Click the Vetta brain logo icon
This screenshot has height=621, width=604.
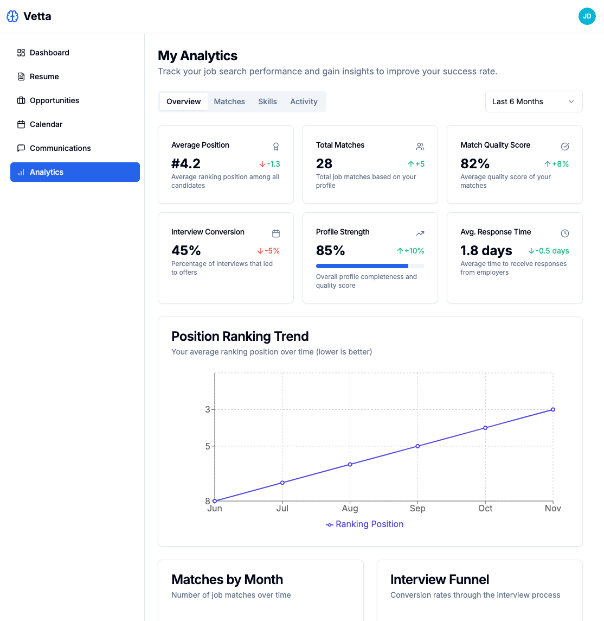[x=12, y=16]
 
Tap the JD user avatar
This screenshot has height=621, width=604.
[x=587, y=16]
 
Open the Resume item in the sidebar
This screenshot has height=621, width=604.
[x=44, y=77]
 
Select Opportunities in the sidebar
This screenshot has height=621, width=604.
[x=54, y=100]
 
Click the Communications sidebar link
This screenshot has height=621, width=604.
[x=60, y=148]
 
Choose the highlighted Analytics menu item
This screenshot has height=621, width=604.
[x=75, y=172]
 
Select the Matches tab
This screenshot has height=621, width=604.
[x=229, y=102]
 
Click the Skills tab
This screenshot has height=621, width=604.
[x=267, y=102]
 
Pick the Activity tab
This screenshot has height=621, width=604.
[x=304, y=102]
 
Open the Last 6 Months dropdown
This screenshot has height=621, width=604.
[x=534, y=102]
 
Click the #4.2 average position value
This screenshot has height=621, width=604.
[x=186, y=163]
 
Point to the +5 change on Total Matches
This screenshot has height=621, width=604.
[x=416, y=164]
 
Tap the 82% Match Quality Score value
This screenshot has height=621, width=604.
[x=475, y=163]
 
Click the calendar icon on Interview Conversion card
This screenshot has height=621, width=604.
[x=276, y=233]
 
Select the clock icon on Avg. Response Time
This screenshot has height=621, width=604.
[x=565, y=233]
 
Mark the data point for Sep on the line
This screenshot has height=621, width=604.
[x=417, y=446]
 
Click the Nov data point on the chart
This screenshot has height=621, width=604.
[x=553, y=409]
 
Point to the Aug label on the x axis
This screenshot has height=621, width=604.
[x=350, y=509]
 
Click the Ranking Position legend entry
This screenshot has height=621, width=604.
[x=365, y=524]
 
